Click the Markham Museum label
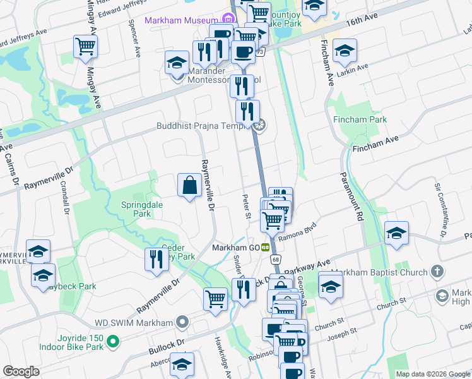(x=181, y=20)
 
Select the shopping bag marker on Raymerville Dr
(x=189, y=186)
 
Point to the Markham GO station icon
(x=266, y=247)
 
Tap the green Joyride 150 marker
(x=113, y=342)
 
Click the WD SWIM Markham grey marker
(x=182, y=323)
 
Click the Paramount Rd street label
(x=352, y=196)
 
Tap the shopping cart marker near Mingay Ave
(x=85, y=47)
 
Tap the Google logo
(x=21, y=371)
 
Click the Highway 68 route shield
(x=276, y=259)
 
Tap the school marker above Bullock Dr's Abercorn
(x=182, y=364)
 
